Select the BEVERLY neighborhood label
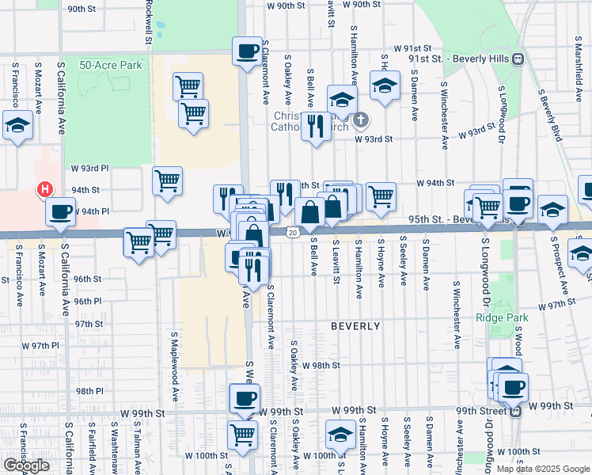coord(355,326)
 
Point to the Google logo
coord(26,465)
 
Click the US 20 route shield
coord(293,232)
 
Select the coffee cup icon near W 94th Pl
coord(61,211)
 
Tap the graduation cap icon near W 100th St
coord(340,435)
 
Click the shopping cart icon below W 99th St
coord(242,433)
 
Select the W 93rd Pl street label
coord(89,169)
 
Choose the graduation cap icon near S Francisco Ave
coord(17,125)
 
